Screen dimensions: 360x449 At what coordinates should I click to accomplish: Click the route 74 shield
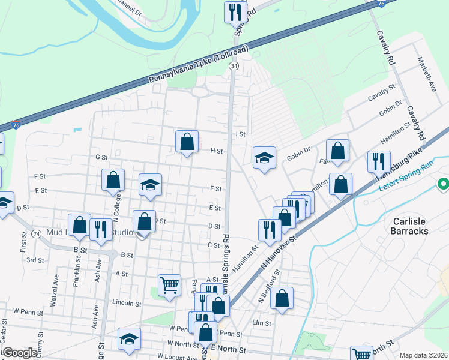(37, 233)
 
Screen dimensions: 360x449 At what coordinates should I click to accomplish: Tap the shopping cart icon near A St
(170, 285)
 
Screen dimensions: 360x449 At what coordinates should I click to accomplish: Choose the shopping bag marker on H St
(187, 142)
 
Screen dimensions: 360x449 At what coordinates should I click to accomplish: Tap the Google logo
(20, 353)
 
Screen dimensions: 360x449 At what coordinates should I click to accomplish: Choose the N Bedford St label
(268, 286)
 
